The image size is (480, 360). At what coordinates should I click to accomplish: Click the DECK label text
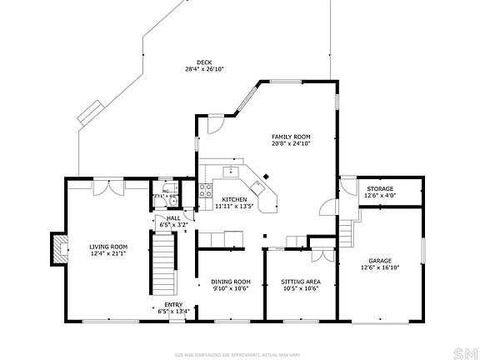click(x=203, y=62)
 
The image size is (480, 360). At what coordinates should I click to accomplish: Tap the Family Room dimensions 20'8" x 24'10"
click(x=291, y=143)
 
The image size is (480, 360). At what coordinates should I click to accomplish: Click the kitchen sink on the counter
click(x=230, y=172)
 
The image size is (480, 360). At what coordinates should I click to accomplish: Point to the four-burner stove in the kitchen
click(x=205, y=191)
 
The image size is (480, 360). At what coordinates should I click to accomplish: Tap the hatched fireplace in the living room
click(x=58, y=247)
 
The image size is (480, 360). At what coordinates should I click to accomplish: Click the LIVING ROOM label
click(x=108, y=246)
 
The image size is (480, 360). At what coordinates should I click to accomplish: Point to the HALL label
click(x=173, y=217)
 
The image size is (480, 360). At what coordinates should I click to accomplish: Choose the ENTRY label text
click(x=173, y=305)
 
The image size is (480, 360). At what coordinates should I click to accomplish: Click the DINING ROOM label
click(x=231, y=282)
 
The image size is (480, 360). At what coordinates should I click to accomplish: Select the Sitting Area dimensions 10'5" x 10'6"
click(x=301, y=288)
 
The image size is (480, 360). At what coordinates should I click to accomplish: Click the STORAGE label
click(x=380, y=188)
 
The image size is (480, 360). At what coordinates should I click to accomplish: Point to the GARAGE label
click(x=380, y=262)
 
